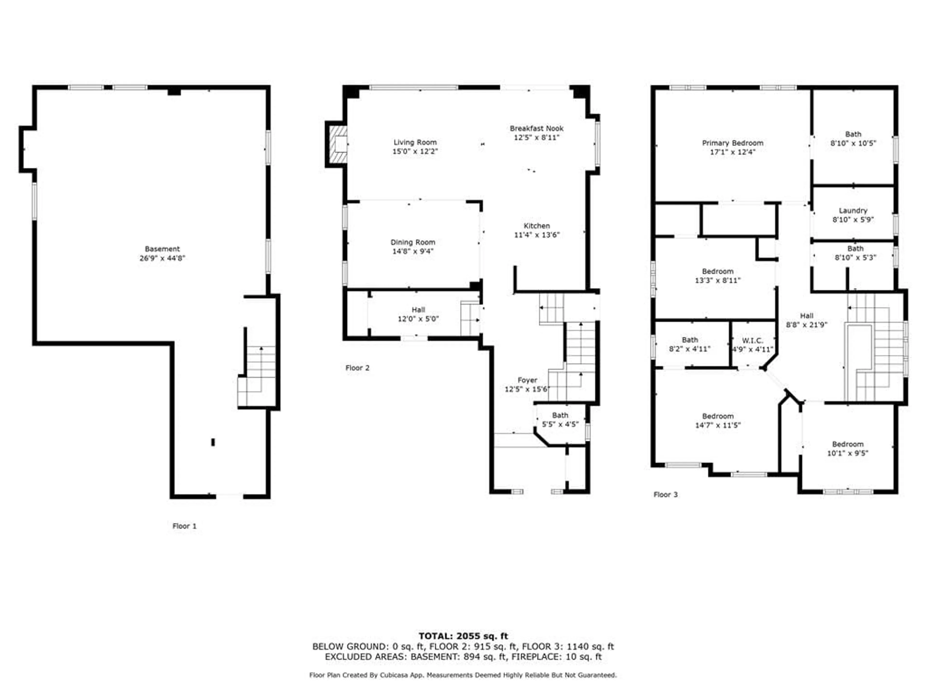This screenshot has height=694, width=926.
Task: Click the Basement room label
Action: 162,249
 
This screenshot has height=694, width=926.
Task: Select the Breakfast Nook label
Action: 536,128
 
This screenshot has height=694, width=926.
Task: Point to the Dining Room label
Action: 413,242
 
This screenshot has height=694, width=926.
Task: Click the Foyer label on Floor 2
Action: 527,380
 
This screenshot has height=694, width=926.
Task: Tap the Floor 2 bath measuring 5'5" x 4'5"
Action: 560,420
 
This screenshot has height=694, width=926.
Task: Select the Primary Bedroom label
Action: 733,143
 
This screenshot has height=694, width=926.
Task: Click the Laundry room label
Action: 853,211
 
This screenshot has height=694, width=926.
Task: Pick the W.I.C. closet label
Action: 752,340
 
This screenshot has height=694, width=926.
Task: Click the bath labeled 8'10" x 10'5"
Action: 853,139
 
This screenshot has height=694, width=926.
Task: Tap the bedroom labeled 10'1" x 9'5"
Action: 847,448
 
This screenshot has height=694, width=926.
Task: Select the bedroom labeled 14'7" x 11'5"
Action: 717,420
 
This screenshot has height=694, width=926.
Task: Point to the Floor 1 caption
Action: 184,526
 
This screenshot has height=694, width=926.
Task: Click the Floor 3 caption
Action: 665,495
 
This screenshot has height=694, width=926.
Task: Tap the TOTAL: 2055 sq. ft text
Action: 463,636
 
